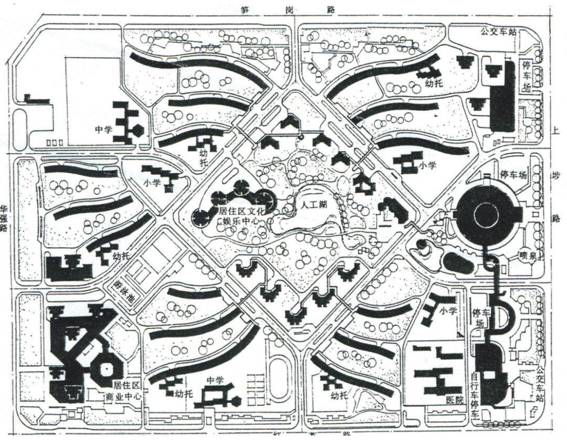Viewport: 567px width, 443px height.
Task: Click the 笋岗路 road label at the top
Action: point(288,9)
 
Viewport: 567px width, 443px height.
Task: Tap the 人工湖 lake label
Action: point(310,206)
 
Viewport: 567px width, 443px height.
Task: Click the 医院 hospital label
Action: point(455,400)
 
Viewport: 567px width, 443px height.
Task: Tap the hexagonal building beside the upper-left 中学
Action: point(139,130)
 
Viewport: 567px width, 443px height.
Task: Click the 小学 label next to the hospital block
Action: point(450,310)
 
